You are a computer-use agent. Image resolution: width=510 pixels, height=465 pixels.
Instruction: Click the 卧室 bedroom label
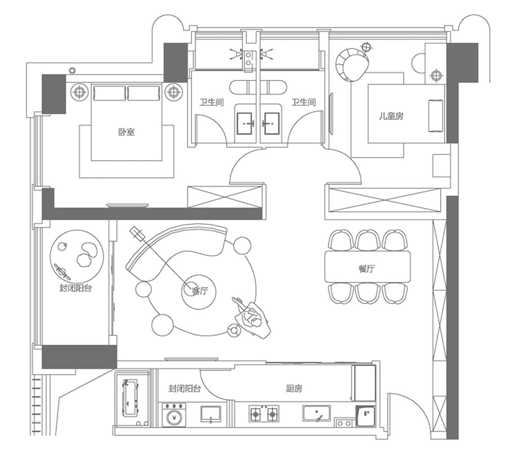(x=126, y=132)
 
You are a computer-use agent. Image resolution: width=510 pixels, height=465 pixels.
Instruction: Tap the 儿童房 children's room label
(x=391, y=116)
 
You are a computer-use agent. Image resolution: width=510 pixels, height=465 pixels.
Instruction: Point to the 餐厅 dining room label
(x=366, y=268)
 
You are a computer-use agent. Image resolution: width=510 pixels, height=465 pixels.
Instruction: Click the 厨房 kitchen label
(x=294, y=388)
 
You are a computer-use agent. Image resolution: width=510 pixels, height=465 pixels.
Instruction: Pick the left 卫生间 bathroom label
(x=212, y=102)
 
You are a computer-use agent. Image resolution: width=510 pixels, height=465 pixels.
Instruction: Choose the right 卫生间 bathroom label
(x=303, y=102)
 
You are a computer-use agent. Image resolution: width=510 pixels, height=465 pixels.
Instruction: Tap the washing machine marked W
(x=174, y=416)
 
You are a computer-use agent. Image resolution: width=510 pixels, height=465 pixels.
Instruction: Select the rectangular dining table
(x=368, y=267)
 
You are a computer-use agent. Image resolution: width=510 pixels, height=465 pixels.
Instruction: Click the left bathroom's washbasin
(x=245, y=123)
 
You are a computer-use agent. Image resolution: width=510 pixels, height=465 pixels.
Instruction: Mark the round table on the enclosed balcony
(x=77, y=255)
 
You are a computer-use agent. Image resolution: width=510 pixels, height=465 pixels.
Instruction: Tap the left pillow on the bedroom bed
(x=109, y=93)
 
